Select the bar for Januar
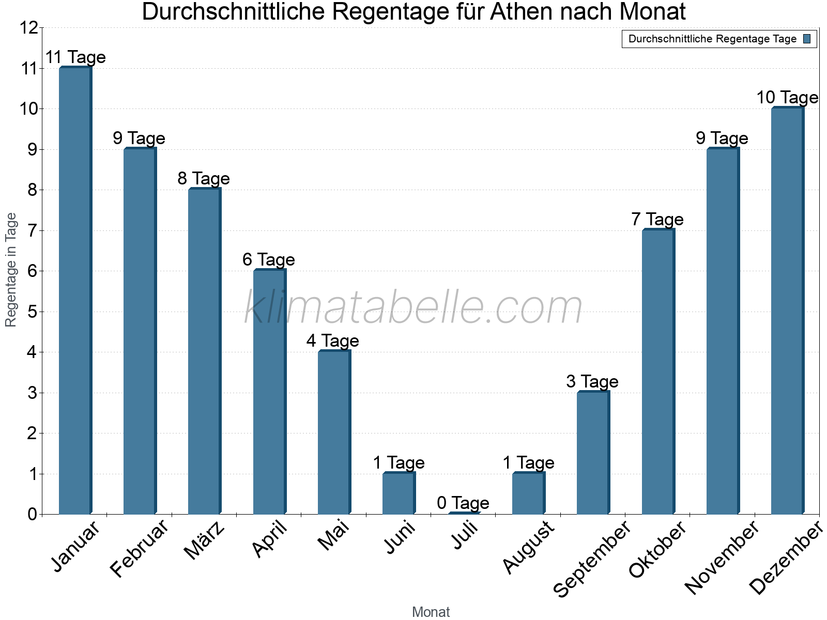tap(75, 290)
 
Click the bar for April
tap(269, 392)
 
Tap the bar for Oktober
tap(658, 371)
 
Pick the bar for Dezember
tap(787, 311)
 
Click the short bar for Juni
tap(399, 493)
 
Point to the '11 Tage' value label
tap(75, 57)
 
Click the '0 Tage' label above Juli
tap(463, 503)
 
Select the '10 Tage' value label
tap(787, 98)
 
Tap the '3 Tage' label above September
tap(592, 382)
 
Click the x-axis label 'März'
tap(204, 540)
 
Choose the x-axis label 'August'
tap(528, 547)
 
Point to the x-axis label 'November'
tap(722, 557)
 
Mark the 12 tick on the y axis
tap(29, 28)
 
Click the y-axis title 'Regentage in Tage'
tap(11, 270)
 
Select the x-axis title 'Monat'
tap(431, 612)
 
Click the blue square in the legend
tap(807, 39)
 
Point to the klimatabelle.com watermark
tap(413, 307)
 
